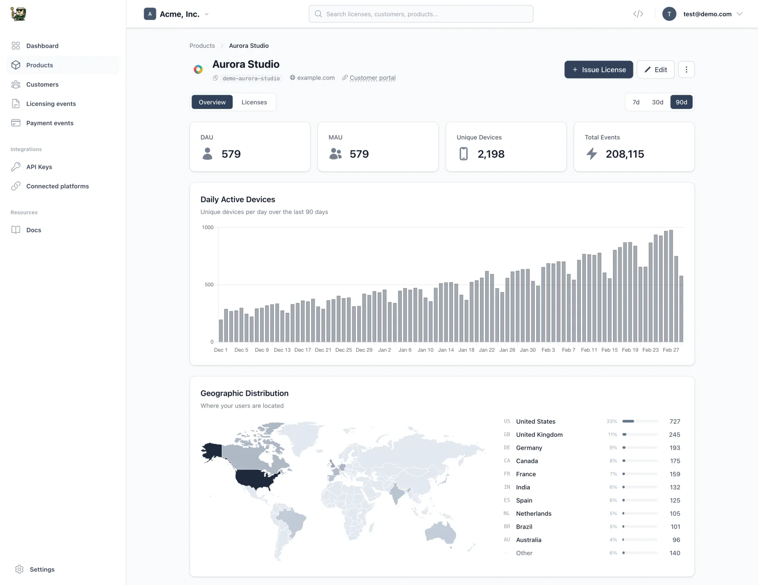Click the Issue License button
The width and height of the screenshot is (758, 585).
(x=598, y=70)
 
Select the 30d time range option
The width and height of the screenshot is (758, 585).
(x=657, y=102)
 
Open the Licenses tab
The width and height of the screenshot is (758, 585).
(x=254, y=102)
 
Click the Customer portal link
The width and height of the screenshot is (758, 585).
(x=372, y=78)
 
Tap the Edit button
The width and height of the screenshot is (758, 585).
(x=655, y=70)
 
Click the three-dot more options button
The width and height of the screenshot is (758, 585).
(x=686, y=70)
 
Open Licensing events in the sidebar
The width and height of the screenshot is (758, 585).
(x=51, y=104)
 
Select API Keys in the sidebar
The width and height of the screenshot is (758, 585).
(x=39, y=167)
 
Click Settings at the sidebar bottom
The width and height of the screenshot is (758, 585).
(x=42, y=569)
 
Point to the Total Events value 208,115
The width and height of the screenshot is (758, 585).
(x=624, y=154)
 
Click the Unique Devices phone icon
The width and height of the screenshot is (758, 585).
(x=463, y=154)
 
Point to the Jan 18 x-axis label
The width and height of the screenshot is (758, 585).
(x=466, y=350)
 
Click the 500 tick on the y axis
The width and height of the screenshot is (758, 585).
(x=209, y=284)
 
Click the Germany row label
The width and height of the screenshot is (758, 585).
(x=529, y=448)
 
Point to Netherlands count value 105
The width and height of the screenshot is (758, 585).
(x=675, y=514)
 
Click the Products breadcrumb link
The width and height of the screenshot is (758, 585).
(x=202, y=46)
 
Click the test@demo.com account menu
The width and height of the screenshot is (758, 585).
(x=707, y=14)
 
